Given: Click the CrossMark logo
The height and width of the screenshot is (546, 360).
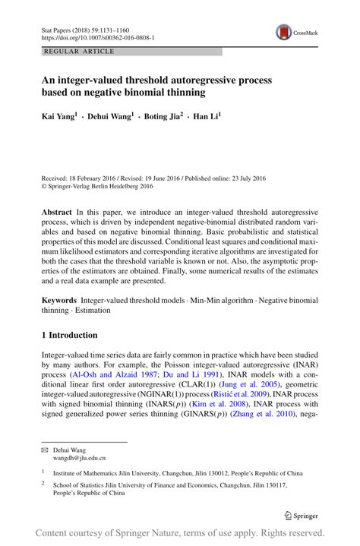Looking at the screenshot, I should [x=294, y=32].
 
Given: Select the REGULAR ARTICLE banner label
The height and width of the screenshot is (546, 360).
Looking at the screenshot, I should [x=80, y=52].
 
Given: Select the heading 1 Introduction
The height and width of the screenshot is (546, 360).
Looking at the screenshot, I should [x=69, y=335].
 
